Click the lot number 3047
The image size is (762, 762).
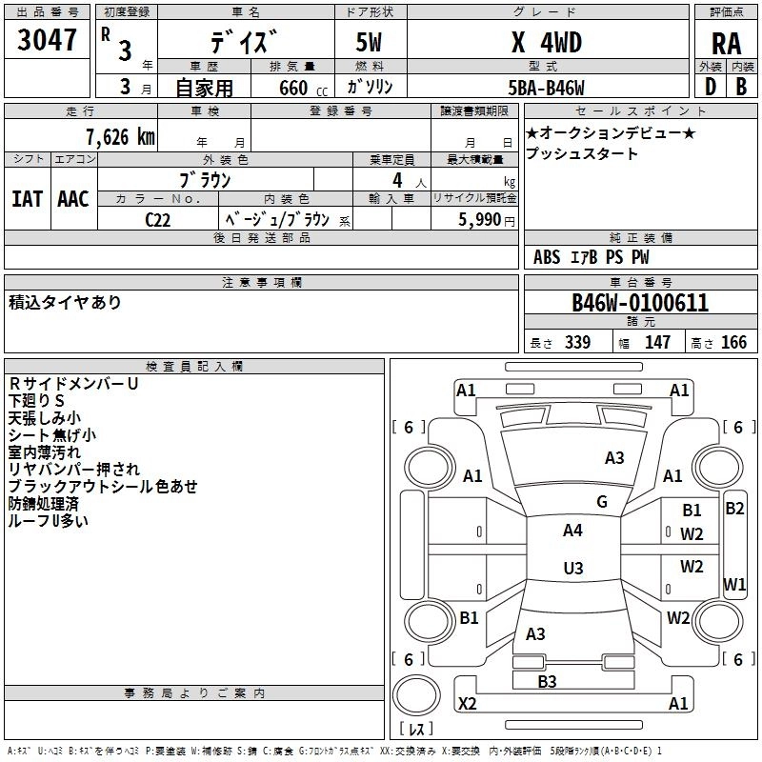(x=47, y=40)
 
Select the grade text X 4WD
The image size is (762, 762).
(x=547, y=43)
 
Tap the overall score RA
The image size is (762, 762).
(x=726, y=44)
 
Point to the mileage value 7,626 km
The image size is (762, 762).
(x=120, y=137)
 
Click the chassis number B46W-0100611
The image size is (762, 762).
(x=640, y=303)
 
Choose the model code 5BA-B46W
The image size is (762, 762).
(x=546, y=88)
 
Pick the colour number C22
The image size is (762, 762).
(x=158, y=220)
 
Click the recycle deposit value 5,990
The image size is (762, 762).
(x=480, y=219)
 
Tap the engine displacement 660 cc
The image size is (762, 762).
(x=303, y=88)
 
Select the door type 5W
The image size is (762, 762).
(x=369, y=42)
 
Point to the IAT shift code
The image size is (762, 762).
(x=28, y=199)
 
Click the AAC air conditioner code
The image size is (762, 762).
(x=73, y=199)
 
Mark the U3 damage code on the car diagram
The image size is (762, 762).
(x=573, y=568)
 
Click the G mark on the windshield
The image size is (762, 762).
(x=602, y=502)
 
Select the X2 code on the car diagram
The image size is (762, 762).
(x=467, y=703)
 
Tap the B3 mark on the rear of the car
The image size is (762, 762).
(x=547, y=681)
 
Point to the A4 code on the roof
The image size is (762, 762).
(x=572, y=531)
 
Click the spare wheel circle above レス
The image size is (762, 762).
(x=416, y=695)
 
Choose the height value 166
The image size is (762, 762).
(x=733, y=342)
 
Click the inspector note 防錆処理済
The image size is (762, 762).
(x=43, y=504)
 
